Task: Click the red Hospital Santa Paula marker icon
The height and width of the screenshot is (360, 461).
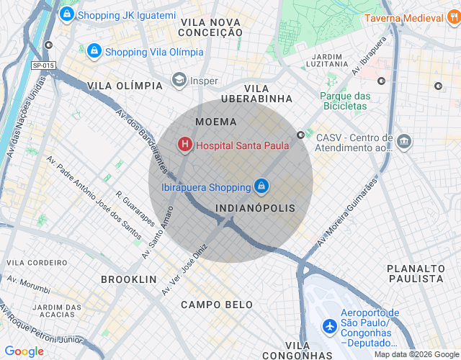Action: click(185, 145)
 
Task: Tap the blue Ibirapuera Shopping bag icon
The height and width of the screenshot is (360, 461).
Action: click(261, 187)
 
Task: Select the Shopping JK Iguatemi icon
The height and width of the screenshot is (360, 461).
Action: click(66, 14)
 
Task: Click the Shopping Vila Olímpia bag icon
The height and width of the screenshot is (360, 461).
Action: click(94, 51)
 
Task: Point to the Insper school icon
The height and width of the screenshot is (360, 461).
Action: click(179, 81)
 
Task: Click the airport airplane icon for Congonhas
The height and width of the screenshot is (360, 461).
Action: click(330, 326)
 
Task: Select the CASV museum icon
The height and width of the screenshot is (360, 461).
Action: click(404, 141)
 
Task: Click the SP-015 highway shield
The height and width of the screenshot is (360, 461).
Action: click(43, 66)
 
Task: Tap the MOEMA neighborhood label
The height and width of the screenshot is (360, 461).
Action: click(215, 122)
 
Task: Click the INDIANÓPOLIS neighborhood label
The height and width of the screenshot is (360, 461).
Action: click(256, 207)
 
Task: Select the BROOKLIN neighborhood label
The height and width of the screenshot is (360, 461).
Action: click(129, 279)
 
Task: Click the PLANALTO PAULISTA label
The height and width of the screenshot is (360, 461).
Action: click(415, 273)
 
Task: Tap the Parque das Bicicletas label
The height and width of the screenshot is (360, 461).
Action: click(345, 101)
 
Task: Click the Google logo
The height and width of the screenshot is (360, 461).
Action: click(24, 351)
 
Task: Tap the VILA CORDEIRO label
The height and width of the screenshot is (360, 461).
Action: click(37, 263)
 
